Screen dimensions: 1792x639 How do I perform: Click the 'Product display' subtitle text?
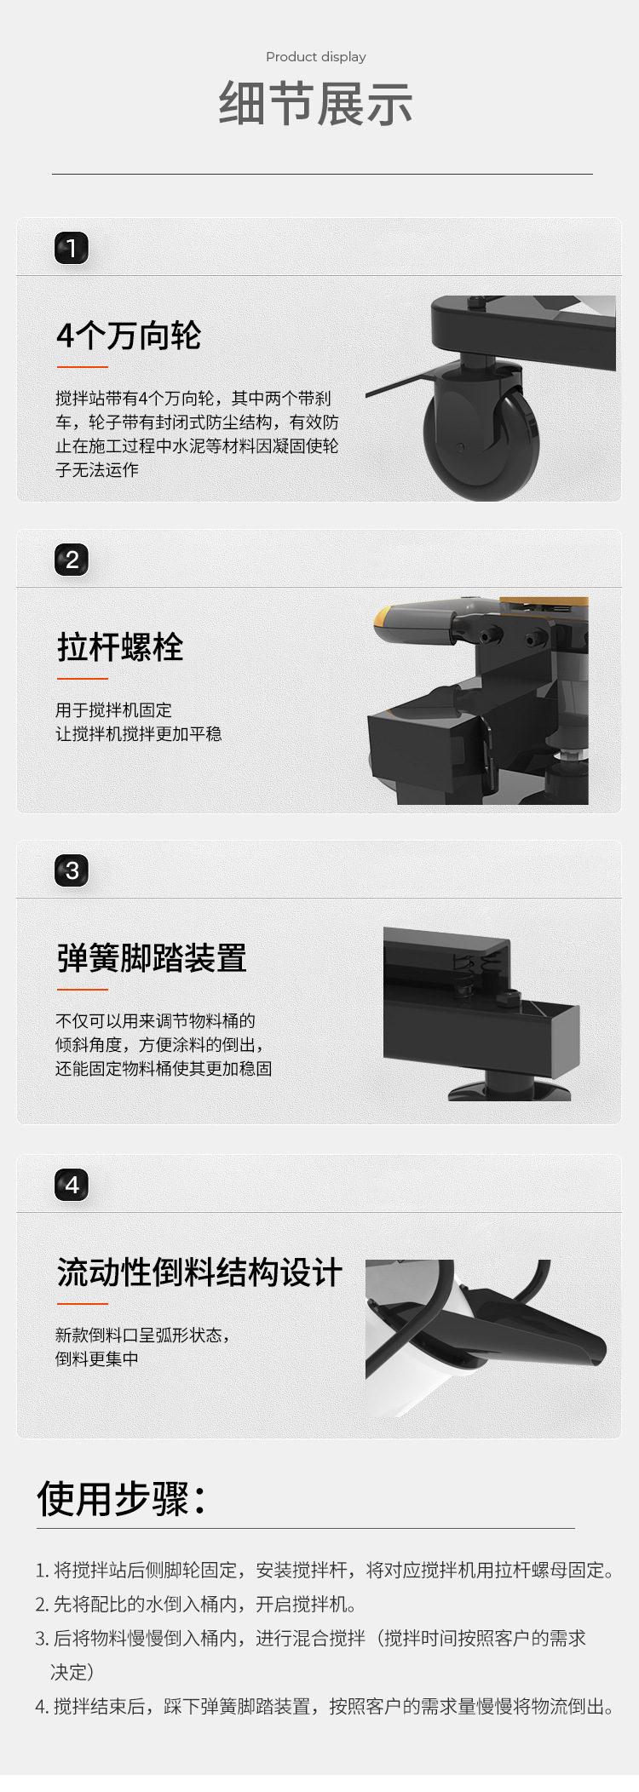(315, 57)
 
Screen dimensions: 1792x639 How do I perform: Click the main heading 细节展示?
(316, 104)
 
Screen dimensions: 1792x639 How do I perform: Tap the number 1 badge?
(72, 249)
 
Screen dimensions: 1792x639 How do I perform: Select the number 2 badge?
(72, 560)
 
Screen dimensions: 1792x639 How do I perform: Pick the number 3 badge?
(72, 870)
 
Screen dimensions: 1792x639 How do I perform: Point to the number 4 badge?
(72, 1185)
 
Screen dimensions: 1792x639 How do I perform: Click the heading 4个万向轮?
(129, 336)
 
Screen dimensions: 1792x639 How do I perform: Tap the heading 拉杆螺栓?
(120, 647)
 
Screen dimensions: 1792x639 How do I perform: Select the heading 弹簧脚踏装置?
(152, 958)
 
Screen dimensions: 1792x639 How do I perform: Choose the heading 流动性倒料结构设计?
(199, 1272)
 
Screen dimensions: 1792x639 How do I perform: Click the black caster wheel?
(482, 440)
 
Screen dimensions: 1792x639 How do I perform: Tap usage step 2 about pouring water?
(196, 1604)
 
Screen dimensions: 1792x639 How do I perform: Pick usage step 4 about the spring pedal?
(324, 1706)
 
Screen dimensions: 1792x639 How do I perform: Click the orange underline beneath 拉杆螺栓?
(83, 679)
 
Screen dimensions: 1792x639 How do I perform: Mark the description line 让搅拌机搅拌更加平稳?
(138, 734)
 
